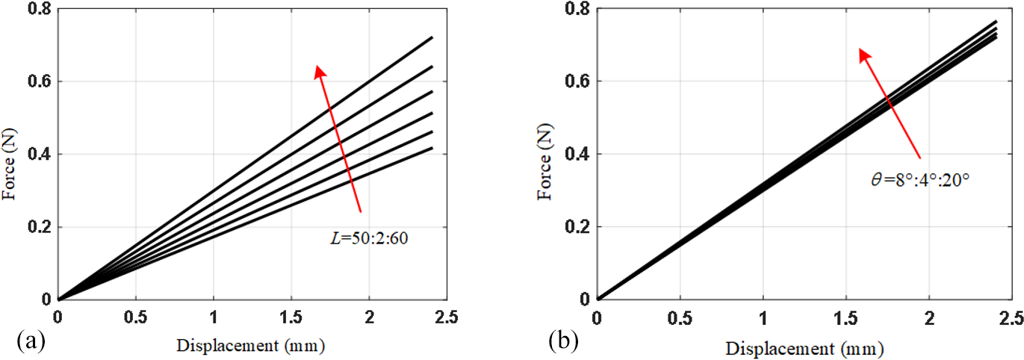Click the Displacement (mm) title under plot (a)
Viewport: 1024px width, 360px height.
pyautogui.click(x=252, y=347)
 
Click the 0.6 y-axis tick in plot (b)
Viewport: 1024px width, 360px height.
pyautogui.click(x=576, y=81)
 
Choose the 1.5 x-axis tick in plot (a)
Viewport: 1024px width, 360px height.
pyautogui.click(x=291, y=316)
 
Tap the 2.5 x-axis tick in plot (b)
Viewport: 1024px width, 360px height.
pyautogui.click(x=1011, y=316)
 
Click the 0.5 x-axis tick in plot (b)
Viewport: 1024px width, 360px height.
pyautogui.click(x=680, y=316)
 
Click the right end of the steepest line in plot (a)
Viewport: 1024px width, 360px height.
pyautogui.click(x=432, y=37)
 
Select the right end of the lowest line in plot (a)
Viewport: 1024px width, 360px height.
pyautogui.click(x=432, y=148)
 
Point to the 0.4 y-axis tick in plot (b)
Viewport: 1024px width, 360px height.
pyautogui.click(x=576, y=154)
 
